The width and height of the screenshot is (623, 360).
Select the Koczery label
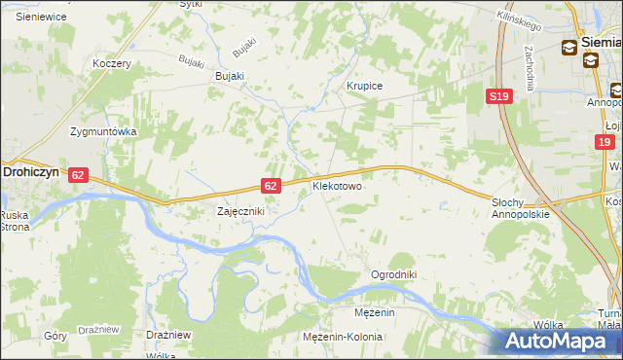(111, 63)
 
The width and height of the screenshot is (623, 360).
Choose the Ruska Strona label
(15, 220)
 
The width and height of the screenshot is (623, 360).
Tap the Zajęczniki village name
(239, 210)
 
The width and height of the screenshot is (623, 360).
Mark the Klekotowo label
(337, 185)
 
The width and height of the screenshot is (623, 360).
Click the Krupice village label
(365, 87)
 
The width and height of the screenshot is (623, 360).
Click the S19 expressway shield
(499, 96)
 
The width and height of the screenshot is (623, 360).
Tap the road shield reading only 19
(605, 142)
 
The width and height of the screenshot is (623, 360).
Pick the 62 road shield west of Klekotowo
(272, 185)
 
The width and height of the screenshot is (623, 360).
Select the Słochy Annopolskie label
(521, 207)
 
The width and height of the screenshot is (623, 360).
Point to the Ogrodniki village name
(393, 275)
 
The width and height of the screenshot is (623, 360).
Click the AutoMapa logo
(560, 341)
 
